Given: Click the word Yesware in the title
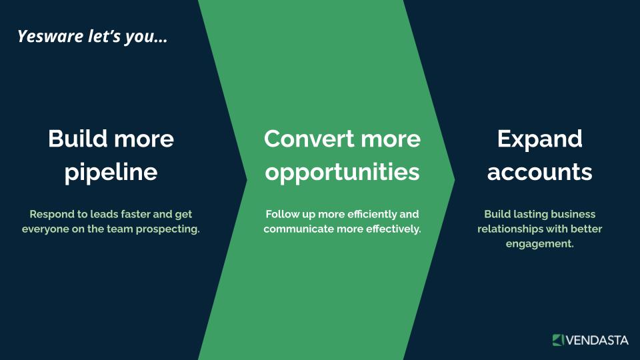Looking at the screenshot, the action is click(51, 36).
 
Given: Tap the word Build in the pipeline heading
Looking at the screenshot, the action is click(77, 139).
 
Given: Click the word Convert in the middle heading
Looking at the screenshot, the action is click(309, 139).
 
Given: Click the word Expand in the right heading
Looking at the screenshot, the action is click(539, 139).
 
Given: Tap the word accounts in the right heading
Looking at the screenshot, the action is click(539, 172).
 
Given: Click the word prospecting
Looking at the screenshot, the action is click(168, 229).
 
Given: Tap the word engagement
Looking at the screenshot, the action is click(539, 244).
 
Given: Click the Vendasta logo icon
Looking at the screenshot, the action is click(558, 339).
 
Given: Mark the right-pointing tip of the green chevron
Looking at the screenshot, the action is click(454, 179).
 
